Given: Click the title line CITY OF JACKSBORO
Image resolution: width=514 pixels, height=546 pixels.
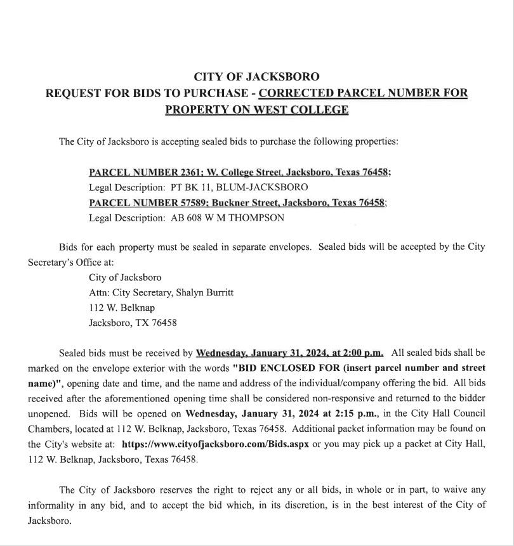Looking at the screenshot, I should pos(256,77).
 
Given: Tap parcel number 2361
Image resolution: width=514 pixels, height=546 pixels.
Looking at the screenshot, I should pos(188,172).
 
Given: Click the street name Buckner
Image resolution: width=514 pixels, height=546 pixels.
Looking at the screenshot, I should pos(230,202).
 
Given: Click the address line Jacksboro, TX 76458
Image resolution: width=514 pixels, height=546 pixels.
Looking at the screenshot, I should pos(133,322).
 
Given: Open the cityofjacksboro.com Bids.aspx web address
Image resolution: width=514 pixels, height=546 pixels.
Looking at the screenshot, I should pos(215,444).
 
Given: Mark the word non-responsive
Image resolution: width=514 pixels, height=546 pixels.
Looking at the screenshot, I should pos(357,398).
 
